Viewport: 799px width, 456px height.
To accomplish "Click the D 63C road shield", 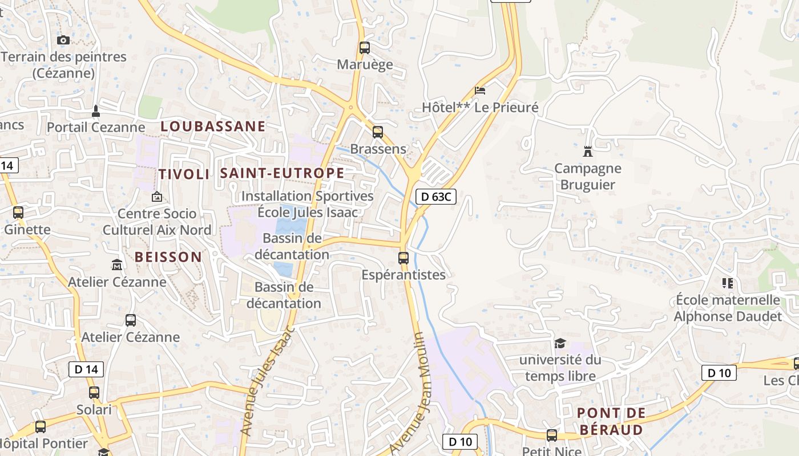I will tap(436, 197).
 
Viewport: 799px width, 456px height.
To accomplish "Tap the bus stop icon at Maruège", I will tap(365, 48).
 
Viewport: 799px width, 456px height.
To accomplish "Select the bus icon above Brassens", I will tap(377, 132).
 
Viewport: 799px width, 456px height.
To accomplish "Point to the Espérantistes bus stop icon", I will tap(403, 258).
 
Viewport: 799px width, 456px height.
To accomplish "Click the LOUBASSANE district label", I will tap(213, 126).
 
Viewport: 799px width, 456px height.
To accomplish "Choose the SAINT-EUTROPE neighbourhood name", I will tap(282, 173).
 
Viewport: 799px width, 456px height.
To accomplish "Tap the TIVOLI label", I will tap(184, 174).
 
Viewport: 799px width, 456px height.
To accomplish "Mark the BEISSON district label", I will tap(168, 256).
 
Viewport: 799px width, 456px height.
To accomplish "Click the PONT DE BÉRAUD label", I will tap(611, 421).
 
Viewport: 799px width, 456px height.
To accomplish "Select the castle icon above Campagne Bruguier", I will tap(588, 152).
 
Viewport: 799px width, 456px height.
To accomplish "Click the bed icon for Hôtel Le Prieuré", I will tap(480, 91).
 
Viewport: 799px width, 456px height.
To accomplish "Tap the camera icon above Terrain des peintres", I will tap(63, 40).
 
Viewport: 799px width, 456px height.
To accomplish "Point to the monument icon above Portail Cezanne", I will tap(96, 110).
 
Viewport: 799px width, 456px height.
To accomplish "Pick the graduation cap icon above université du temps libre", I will tap(560, 343).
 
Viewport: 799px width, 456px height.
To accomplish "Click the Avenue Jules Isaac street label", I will tap(267, 381).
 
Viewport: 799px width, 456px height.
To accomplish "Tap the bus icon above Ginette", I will tap(18, 213).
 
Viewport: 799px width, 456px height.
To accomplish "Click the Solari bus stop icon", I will tap(94, 393).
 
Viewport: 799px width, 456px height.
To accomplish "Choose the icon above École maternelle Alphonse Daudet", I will tap(727, 283).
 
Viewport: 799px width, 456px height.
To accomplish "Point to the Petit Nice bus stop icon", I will tap(552, 435).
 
